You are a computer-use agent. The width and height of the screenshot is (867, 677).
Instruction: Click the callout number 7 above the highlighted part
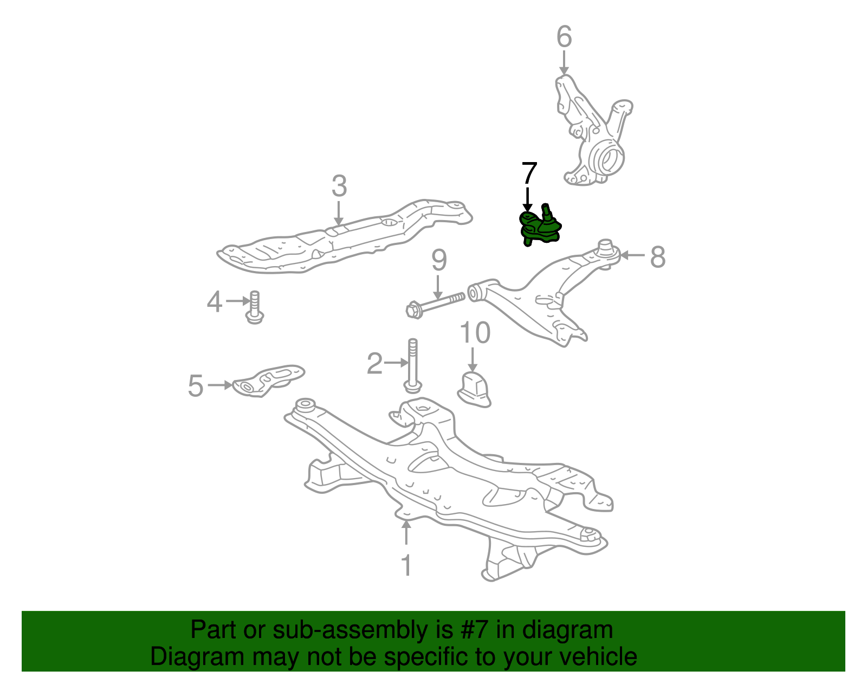click(529, 173)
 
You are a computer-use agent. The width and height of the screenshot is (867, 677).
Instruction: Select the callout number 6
click(564, 37)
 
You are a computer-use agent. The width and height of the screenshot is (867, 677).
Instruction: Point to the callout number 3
click(339, 186)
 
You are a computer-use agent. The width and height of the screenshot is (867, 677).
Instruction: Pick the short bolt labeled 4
click(255, 307)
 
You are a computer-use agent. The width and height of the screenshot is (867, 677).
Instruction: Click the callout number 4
click(214, 301)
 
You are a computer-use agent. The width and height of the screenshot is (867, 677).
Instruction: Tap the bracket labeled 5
click(269, 380)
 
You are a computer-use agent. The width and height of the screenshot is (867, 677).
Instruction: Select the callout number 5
click(196, 386)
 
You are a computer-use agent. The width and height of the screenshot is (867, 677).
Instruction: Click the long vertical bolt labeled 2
click(413, 366)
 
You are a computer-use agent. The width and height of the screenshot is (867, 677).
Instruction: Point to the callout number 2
click(374, 364)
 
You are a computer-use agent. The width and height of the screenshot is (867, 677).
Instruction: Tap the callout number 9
click(439, 260)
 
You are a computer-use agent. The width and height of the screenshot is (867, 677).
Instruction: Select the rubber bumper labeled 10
click(474, 389)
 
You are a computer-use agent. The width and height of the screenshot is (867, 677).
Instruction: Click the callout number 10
click(475, 333)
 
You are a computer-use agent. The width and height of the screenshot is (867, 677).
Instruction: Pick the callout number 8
click(658, 256)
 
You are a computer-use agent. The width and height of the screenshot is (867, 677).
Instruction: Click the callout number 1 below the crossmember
click(406, 565)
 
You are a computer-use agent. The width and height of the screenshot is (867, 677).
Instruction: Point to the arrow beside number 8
click(632, 255)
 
